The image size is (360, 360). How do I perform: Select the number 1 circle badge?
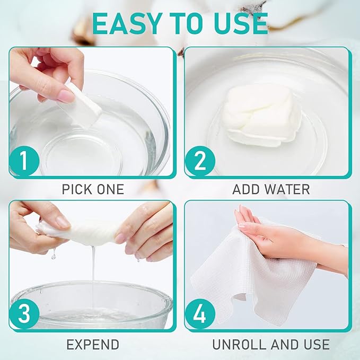(x=24, y=161)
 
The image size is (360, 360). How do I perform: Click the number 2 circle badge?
(x=200, y=161)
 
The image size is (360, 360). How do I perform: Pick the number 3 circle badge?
(x=24, y=314)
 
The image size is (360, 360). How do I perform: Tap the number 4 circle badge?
(x=200, y=314)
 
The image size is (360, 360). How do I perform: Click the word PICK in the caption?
(x=77, y=189)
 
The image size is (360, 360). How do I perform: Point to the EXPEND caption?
(x=93, y=345)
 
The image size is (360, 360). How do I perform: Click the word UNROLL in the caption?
(x=240, y=345)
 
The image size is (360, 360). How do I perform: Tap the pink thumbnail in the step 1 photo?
(x=67, y=96)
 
